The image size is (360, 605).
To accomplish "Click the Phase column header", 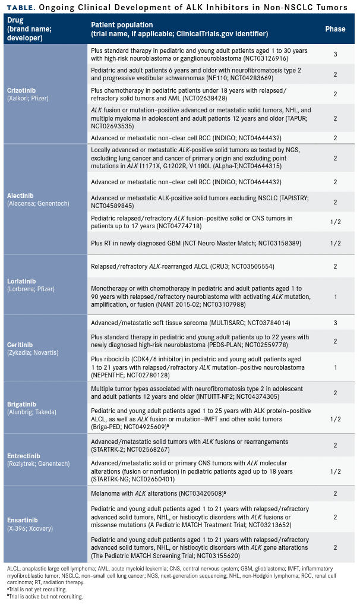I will coord(335,29).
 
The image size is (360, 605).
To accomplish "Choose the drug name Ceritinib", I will coord(21,344).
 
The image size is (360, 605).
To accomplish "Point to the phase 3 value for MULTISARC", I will coord(335,323).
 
